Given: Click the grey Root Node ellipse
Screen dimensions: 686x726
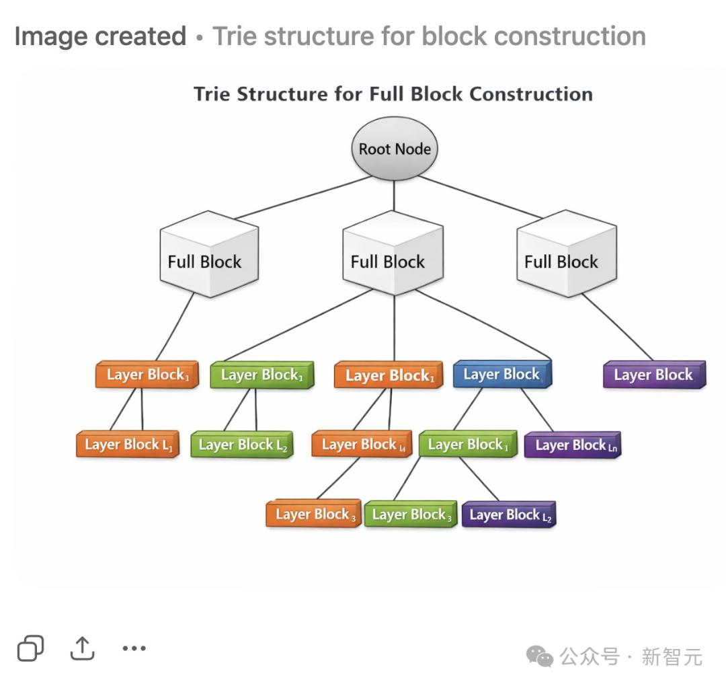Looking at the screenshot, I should coord(395,149).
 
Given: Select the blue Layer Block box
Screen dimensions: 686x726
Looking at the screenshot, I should coord(502,375).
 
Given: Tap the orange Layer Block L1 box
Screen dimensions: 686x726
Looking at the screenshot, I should coord(128,445).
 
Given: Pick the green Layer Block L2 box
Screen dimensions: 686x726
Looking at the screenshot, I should coord(242,445).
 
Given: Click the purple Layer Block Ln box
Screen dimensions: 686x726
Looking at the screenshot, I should coord(573,445).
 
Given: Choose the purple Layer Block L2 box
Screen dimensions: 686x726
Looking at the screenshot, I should coord(508,515).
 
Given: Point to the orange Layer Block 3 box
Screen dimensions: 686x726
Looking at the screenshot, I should coord(314,515).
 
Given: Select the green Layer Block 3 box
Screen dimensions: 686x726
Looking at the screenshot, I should coord(411,515).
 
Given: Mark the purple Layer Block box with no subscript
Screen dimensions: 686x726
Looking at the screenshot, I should coord(654,375).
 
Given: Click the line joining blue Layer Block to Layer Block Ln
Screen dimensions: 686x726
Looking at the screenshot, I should coord(537,410).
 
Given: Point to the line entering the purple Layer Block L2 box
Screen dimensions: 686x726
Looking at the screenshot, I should coord(479,480).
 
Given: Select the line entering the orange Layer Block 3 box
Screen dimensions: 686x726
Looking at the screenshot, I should coord(338,479).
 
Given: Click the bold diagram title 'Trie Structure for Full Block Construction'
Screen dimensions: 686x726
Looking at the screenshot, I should coord(393,93).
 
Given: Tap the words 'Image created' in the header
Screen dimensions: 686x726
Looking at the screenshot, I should coord(100,36).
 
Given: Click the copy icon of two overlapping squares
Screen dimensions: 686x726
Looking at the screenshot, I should coord(30,648).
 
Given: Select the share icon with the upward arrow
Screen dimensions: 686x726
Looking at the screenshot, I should coord(82,648).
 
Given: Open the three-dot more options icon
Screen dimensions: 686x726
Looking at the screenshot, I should coord(134,648).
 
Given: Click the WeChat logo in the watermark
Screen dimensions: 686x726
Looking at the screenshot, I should coord(540,656).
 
